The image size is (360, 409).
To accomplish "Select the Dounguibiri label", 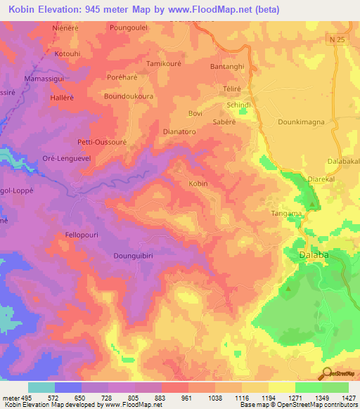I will [136, 257].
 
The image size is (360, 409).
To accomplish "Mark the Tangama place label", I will [287, 213].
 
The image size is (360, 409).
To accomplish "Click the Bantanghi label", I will [228, 66].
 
